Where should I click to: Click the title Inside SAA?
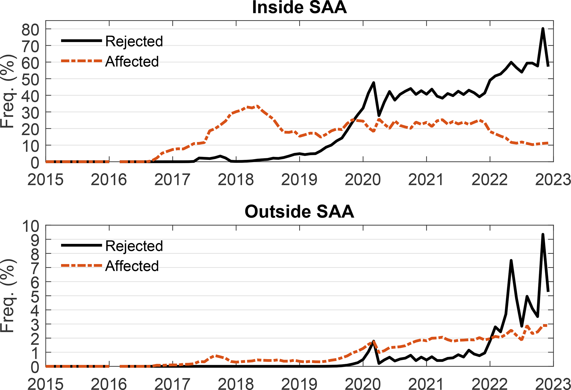coord(299,8)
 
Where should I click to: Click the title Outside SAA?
coord(299,212)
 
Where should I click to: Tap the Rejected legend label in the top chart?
coord(134,41)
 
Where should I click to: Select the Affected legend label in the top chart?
coord(132,62)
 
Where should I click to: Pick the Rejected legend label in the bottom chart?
coord(134,246)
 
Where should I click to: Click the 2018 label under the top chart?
coord(236,180)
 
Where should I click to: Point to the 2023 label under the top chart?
coord(553,180)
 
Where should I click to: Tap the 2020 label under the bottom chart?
coord(363,384)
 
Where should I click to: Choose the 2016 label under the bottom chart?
coord(109,384)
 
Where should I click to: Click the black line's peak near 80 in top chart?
coord(543,29)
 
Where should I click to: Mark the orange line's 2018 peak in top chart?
coord(257,106)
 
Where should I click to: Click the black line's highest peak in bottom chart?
coord(543,234)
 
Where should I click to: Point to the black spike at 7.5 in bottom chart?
coord(511,260)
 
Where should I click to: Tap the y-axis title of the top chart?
coord(8,91)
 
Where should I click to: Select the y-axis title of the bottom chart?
coord(8,296)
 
